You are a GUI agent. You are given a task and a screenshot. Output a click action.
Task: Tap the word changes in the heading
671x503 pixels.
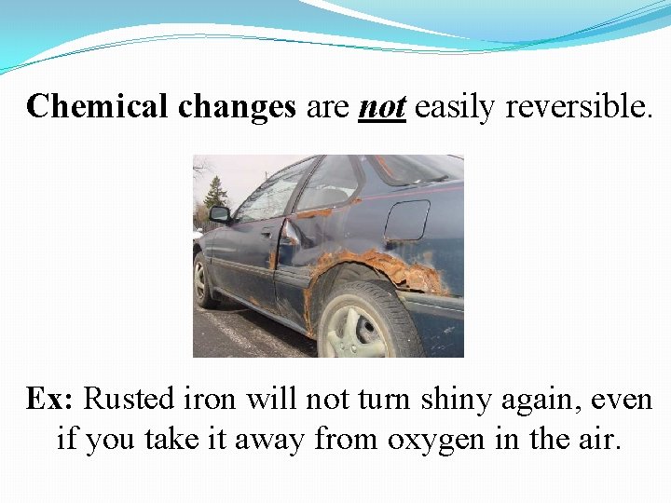tap(237, 108)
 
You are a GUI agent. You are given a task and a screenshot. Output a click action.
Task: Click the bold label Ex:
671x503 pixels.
tap(49, 400)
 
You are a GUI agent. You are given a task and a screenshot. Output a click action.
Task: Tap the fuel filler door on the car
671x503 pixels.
tap(406, 221)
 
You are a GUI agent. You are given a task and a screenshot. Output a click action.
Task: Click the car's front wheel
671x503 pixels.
tap(200, 279)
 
